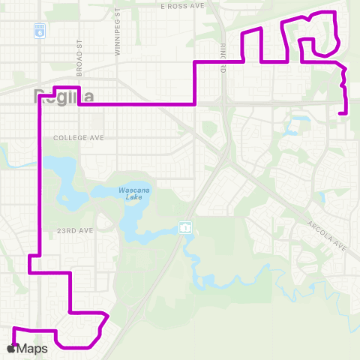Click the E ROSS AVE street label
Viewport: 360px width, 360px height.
tap(182, 5)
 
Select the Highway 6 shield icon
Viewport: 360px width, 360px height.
tap(39, 31)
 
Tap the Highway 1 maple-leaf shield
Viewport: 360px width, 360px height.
tap(184, 226)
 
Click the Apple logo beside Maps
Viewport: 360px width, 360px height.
tap(13, 349)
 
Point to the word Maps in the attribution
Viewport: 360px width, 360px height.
tap(34, 349)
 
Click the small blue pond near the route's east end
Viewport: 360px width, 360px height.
tap(301, 117)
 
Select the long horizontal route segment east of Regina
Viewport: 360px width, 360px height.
tap(135, 104)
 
